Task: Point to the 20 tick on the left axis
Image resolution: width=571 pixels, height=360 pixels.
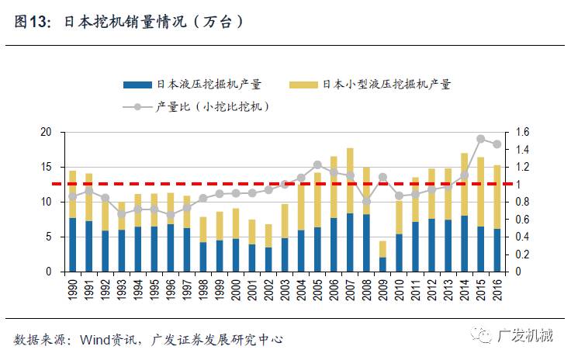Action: point(46,133)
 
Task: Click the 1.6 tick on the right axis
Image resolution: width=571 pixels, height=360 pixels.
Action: point(520,133)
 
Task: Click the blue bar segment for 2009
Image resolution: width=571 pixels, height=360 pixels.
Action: point(382,265)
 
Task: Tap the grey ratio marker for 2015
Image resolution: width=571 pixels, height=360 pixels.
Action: point(480,140)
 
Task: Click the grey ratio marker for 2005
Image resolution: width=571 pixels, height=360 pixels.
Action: point(317,164)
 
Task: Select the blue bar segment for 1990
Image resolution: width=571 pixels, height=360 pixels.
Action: point(72,245)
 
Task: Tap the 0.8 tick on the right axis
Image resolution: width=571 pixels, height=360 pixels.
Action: point(520,202)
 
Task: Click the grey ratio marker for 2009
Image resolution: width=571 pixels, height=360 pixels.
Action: point(382,178)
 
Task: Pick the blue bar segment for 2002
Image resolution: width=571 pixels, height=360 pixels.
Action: point(268,260)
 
